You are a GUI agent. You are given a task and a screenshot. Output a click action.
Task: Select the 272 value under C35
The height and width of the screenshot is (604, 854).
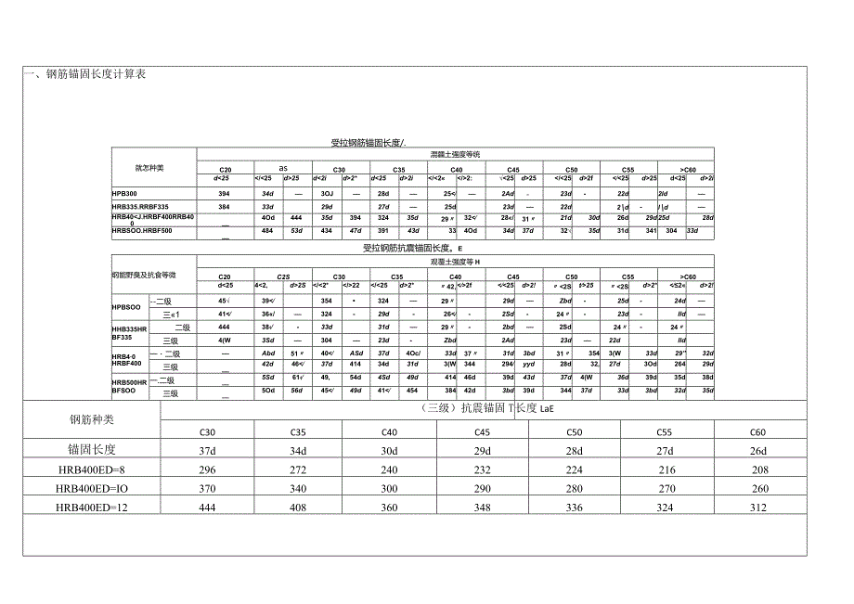tap(299, 469)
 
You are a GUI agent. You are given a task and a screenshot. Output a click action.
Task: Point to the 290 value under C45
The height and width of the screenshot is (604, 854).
tap(482, 489)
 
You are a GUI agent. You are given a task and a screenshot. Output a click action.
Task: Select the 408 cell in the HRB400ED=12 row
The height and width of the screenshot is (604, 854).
tap(299, 508)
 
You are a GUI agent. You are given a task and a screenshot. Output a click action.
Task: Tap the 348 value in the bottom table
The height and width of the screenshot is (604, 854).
tap(482, 508)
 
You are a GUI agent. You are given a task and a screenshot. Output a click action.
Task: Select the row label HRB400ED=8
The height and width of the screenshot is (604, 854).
tap(91, 469)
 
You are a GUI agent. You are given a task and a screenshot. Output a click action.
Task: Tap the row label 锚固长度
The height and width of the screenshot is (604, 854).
tap(91, 450)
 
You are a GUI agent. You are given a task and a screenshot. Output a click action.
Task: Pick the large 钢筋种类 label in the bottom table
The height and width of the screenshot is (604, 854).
tap(91, 419)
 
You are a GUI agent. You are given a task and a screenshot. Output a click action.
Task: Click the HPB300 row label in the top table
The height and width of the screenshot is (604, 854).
tap(123, 192)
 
